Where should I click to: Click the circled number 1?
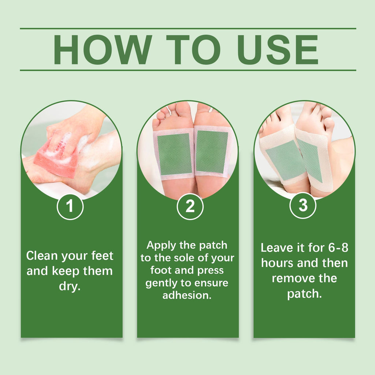pyautogui.click(x=70, y=207)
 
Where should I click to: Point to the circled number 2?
pyautogui.click(x=190, y=207)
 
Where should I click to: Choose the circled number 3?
pyautogui.click(x=303, y=206)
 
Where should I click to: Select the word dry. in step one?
pyautogui.click(x=70, y=286)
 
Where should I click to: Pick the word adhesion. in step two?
pyautogui.click(x=187, y=296)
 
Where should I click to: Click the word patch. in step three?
pyautogui.click(x=304, y=294)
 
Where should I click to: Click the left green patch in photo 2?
pyautogui.click(x=175, y=154)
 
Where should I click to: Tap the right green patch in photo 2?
pyautogui.click(x=212, y=152)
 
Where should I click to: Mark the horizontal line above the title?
pyautogui.click(x=187, y=28)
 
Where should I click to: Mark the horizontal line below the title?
pyautogui.click(x=187, y=70)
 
